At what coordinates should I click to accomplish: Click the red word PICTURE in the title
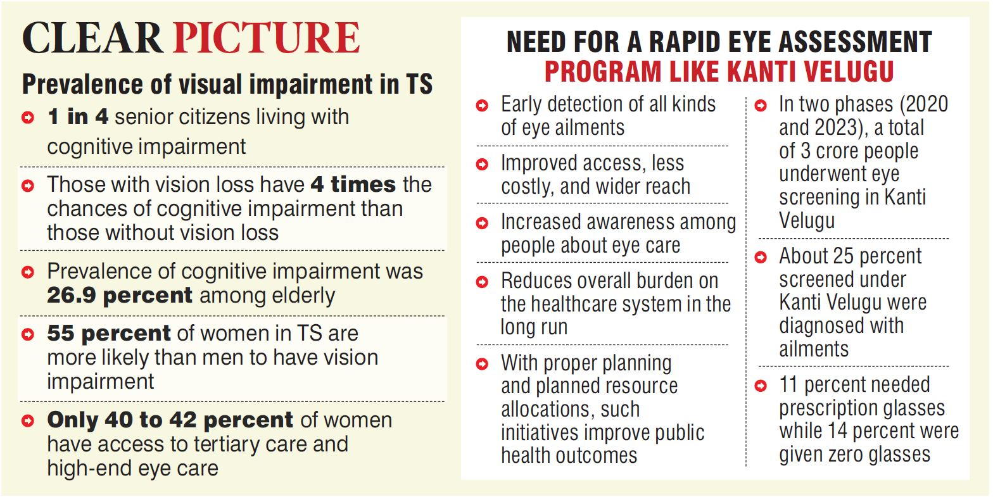(267, 38)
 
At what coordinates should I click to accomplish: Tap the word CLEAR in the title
(92, 38)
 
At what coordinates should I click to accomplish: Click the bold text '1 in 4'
(77, 117)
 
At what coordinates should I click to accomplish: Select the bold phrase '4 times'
(353, 184)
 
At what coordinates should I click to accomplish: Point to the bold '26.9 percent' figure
(120, 295)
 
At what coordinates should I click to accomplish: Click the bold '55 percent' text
(109, 333)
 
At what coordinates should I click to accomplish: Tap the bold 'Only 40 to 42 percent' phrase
(170, 420)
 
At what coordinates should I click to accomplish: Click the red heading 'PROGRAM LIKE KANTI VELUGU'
(719, 72)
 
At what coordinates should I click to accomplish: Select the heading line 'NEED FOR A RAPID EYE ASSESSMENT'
(719, 42)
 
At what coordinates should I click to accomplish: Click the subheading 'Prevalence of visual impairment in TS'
(227, 84)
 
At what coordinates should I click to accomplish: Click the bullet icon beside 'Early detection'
(482, 106)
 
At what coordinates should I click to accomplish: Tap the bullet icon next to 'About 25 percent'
(761, 257)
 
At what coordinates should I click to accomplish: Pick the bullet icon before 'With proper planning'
(482, 364)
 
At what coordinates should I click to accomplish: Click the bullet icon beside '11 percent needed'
(761, 386)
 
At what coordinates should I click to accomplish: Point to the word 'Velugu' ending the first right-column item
(807, 220)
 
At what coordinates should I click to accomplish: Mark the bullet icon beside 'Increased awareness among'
(482, 223)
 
